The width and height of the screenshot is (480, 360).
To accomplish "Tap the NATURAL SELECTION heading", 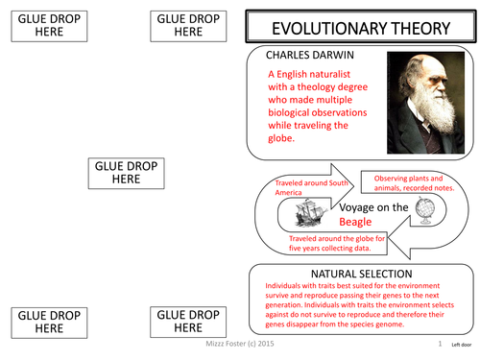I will pyautogui.click(x=358, y=274).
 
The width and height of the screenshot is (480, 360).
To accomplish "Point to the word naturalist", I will pyautogui.click(x=338, y=77).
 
